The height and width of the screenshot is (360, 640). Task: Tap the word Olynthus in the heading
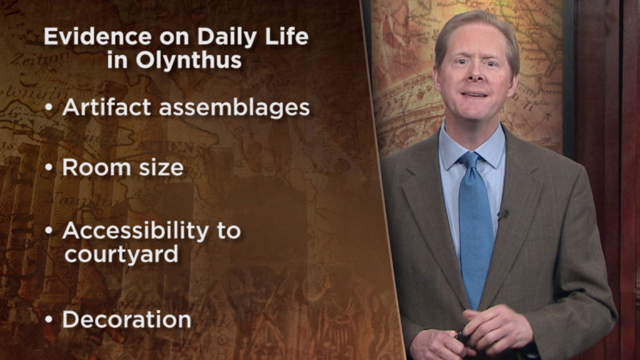[189, 61]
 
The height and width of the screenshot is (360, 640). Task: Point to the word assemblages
[234, 108]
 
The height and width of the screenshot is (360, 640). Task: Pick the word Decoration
[127, 319]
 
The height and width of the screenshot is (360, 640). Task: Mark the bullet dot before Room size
[49, 168]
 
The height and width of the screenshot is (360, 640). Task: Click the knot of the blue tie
[470, 161]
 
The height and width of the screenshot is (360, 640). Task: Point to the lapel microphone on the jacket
[503, 215]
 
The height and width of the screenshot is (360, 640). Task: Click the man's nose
[474, 75]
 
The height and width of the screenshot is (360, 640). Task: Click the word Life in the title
[289, 37]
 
